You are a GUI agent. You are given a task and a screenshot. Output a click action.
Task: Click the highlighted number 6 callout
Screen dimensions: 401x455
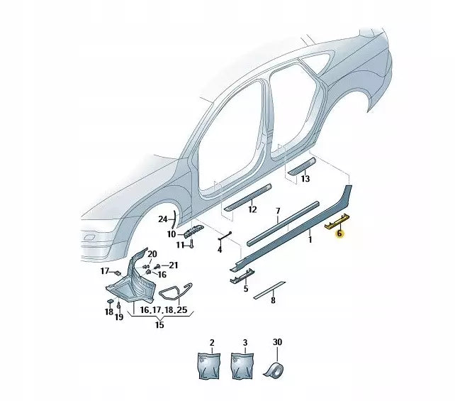[x=339, y=233]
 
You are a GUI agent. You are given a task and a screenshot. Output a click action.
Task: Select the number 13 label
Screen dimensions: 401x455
[x=305, y=180]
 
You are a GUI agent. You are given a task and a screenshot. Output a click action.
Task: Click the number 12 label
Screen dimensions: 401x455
[x=252, y=210]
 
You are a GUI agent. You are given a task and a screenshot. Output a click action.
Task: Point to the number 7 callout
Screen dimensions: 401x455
[x=278, y=211]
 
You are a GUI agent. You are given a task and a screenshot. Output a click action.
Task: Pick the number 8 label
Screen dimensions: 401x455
[x=274, y=300]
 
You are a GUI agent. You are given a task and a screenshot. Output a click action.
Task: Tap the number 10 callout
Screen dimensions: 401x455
[x=172, y=234]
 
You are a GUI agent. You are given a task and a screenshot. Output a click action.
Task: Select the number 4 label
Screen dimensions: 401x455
[x=220, y=250]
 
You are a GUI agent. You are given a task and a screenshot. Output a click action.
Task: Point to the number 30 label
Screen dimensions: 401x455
[x=278, y=342]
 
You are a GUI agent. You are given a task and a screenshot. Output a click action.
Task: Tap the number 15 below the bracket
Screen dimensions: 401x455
[x=160, y=325]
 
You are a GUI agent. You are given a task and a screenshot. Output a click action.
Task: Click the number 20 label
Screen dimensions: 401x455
[x=152, y=253]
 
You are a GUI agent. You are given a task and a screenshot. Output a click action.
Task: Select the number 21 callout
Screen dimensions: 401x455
[x=174, y=265]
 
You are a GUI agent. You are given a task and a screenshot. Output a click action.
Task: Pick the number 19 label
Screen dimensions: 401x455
[x=120, y=317]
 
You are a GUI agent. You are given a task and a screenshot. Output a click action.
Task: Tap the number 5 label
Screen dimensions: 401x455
[x=246, y=289]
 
